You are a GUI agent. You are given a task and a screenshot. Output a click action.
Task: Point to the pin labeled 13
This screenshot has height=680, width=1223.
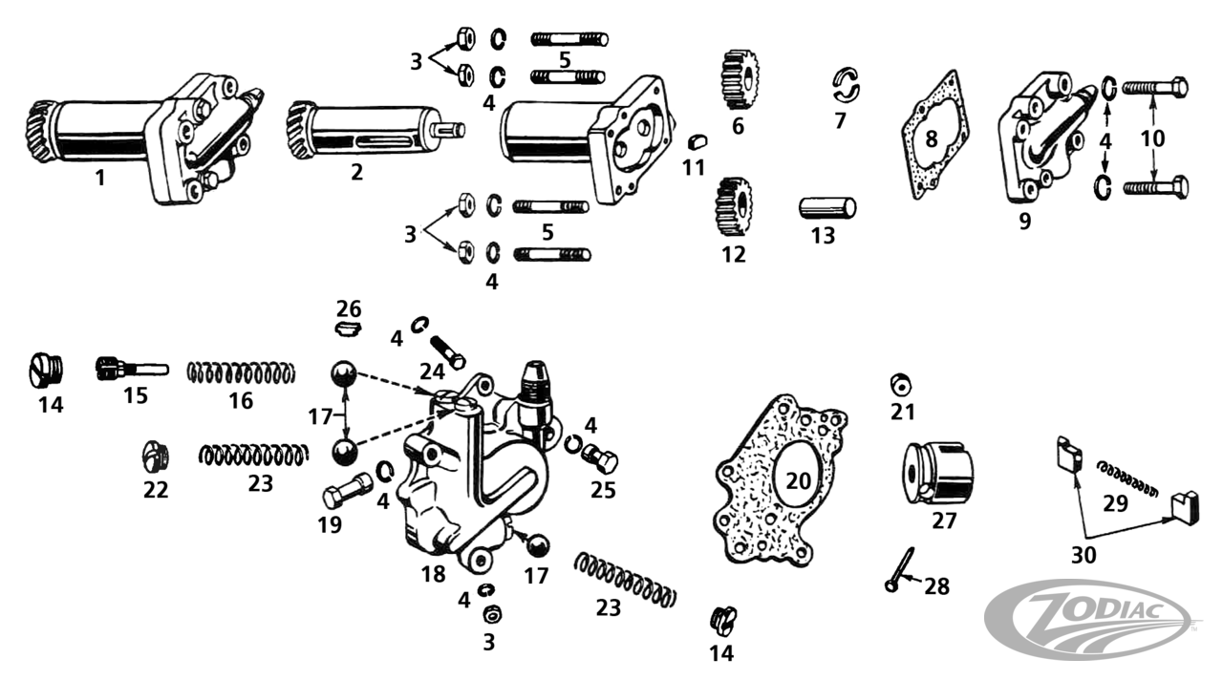pyautogui.click(x=826, y=207)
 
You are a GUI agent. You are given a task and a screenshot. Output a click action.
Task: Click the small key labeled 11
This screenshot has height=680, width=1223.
pyautogui.click(x=696, y=143)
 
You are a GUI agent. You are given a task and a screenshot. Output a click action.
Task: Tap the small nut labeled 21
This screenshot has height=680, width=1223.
pyautogui.click(x=900, y=384)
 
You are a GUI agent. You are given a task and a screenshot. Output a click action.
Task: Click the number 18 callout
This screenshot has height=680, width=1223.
pyautogui.click(x=433, y=574)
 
